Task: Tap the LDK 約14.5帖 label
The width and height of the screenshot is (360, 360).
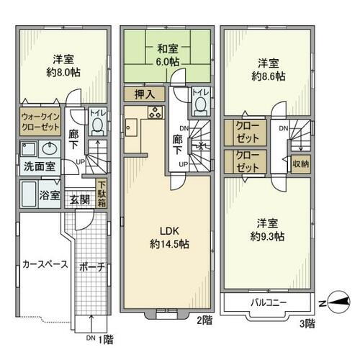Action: (x=168, y=238)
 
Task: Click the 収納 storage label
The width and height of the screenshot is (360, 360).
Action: (x=300, y=164)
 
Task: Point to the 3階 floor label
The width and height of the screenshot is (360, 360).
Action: (x=307, y=325)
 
